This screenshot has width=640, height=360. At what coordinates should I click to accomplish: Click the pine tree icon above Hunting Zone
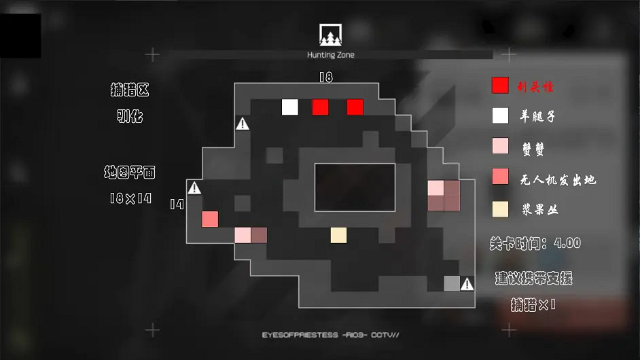tap(331, 35)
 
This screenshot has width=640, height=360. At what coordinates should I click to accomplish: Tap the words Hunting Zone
tap(331, 55)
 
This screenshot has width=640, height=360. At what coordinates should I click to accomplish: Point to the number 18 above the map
tap(326, 77)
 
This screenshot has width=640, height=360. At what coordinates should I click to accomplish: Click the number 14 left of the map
tap(177, 204)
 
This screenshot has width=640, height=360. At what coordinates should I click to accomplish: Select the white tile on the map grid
tap(290, 107)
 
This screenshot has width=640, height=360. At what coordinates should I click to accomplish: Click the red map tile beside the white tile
tap(320, 107)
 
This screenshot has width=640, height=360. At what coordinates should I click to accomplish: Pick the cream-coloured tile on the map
tap(338, 235)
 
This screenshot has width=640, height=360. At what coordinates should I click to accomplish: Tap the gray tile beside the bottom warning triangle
tap(452, 283)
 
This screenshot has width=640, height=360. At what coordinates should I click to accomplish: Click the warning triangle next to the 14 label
tap(194, 187)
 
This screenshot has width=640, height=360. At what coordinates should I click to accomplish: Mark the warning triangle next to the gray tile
tap(467, 284)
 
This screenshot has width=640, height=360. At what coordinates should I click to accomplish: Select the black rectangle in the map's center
tap(355, 187)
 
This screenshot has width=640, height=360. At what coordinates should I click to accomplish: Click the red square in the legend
tap(500, 86)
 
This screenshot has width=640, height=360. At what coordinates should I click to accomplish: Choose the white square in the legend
tap(500, 115)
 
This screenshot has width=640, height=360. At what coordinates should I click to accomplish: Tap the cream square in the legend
tap(500, 209)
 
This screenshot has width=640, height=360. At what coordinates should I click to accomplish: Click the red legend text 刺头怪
tap(537, 87)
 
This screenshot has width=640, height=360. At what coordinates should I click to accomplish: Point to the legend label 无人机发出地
tap(557, 179)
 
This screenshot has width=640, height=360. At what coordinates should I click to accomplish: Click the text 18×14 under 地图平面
tap(130, 199)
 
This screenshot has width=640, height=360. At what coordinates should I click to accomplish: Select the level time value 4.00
tap(567, 243)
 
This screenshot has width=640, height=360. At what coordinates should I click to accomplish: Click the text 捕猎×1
tap(533, 305)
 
